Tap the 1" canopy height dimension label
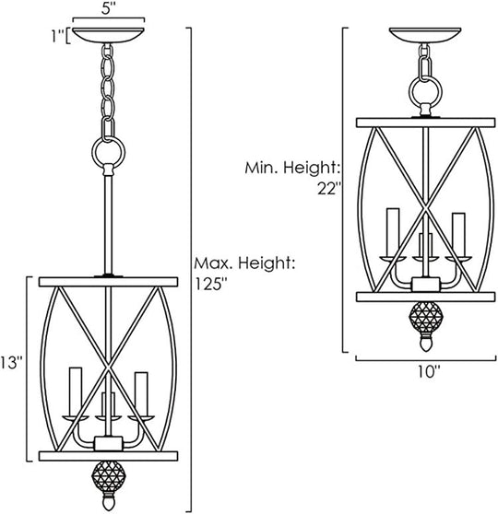tap(57, 38)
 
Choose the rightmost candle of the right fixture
tap(457, 230)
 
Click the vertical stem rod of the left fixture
tap(109, 221)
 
